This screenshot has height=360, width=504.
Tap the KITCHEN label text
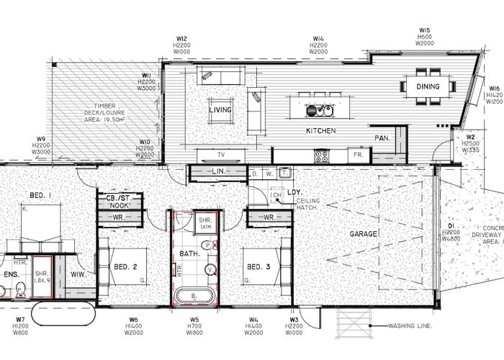[x=322, y=130]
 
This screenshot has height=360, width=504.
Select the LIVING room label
[x=220, y=109]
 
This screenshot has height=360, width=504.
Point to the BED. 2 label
[x=125, y=267]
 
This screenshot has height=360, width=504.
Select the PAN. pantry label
[x=382, y=138]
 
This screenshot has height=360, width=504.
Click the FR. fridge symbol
[x=356, y=154]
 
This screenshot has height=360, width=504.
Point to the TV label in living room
[x=222, y=154]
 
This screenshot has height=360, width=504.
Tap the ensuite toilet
[x=21, y=289]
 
